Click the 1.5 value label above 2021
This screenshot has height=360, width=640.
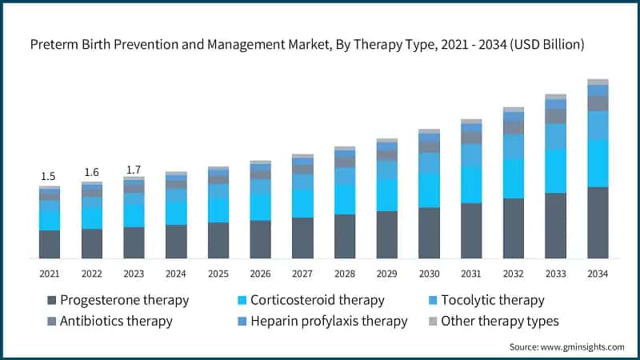pyautogui.click(x=49, y=176)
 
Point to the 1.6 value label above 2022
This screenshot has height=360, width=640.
pyautogui.click(x=91, y=172)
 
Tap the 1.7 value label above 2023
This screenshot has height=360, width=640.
pyautogui.click(x=134, y=169)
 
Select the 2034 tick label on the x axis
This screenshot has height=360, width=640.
pyautogui.click(x=598, y=274)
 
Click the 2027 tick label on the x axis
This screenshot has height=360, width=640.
pyautogui.click(x=302, y=274)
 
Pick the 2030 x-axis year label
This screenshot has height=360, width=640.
pyautogui.click(x=429, y=274)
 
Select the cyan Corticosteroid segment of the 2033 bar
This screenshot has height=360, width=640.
pyautogui.click(x=555, y=171)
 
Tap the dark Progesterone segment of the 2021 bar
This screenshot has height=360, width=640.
pyautogui.click(x=49, y=244)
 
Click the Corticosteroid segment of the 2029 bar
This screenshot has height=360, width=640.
pyautogui.click(x=386, y=194)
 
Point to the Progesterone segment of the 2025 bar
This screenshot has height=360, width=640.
pyautogui.click(x=218, y=240)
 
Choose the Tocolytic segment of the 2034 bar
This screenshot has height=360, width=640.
pyautogui.click(x=598, y=125)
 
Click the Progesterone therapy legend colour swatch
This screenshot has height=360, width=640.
pyautogui.click(x=53, y=301)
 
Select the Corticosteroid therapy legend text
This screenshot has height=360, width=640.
pyautogui.click(x=317, y=301)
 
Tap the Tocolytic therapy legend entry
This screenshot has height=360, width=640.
pyautogui.click(x=492, y=301)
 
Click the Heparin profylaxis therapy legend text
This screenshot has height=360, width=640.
pyautogui.click(x=329, y=322)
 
